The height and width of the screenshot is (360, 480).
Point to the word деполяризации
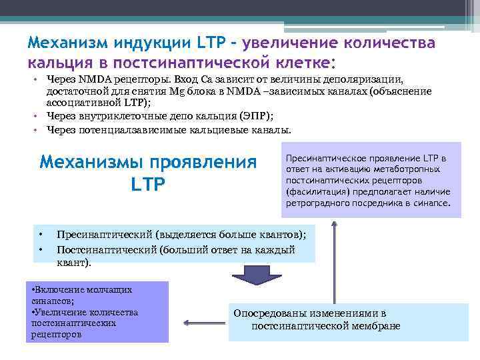click(364, 80)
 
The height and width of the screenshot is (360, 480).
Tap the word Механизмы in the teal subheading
click(93, 162)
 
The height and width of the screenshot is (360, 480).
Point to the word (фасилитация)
click(315, 191)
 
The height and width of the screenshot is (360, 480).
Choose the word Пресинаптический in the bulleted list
click(103, 235)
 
